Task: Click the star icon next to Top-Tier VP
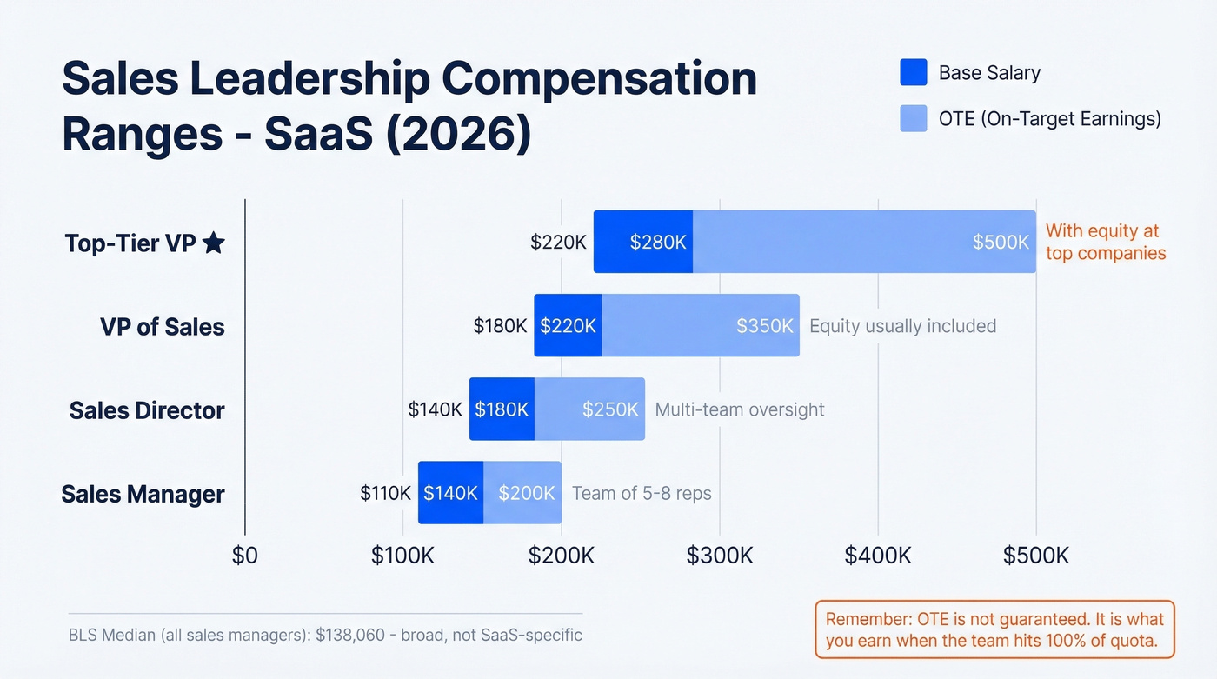click(x=213, y=243)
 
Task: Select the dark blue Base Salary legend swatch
click(x=914, y=73)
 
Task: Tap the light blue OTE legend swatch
click(x=914, y=119)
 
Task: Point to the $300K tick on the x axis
click(x=720, y=556)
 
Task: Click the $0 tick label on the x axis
click(x=244, y=556)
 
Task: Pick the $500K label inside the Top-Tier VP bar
click(x=1001, y=242)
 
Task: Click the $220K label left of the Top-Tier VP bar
click(x=558, y=242)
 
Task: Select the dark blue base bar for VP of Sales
click(x=568, y=325)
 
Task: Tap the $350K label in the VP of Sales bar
click(x=764, y=325)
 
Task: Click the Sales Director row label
click(x=147, y=410)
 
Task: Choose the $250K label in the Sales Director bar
click(x=610, y=409)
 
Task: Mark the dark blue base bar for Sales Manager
click(x=450, y=493)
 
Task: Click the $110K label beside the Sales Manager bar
click(x=385, y=493)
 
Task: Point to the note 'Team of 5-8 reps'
click(x=642, y=493)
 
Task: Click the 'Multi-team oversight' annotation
click(x=739, y=409)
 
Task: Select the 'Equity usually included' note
click(x=902, y=326)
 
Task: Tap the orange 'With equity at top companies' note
click(x=1105, y=242)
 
